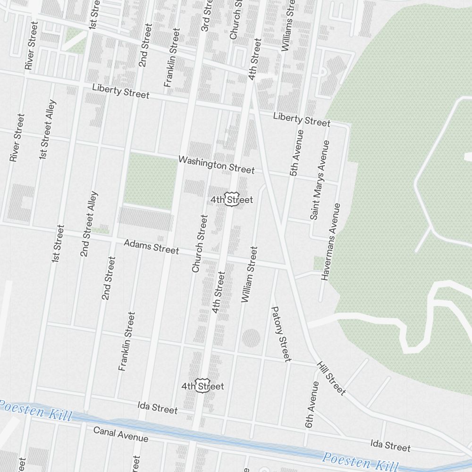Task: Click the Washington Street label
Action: click(x=217, y=165)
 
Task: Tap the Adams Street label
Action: click(x=151, y=246)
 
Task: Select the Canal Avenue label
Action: click(x=121, y=434)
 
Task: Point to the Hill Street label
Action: click(x=331, y=378)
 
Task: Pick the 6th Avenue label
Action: click(x=312, y=405)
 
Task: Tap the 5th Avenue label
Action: click(x=296, y=153)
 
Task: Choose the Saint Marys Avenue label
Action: click(x=320, y=179)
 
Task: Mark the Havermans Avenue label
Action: click(x=331, y=242)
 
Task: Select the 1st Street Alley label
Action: click(x=48, y=129)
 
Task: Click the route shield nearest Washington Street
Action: click(x=231, y=199)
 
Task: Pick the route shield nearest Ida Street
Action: click(x=203, y=386)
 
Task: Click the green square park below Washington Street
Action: click(x=150, y=181)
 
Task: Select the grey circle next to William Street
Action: click(x=251, y=338)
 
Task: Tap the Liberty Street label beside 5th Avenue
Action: click(x=302, y=119)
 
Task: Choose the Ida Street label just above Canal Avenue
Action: click(x=158, y=408)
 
